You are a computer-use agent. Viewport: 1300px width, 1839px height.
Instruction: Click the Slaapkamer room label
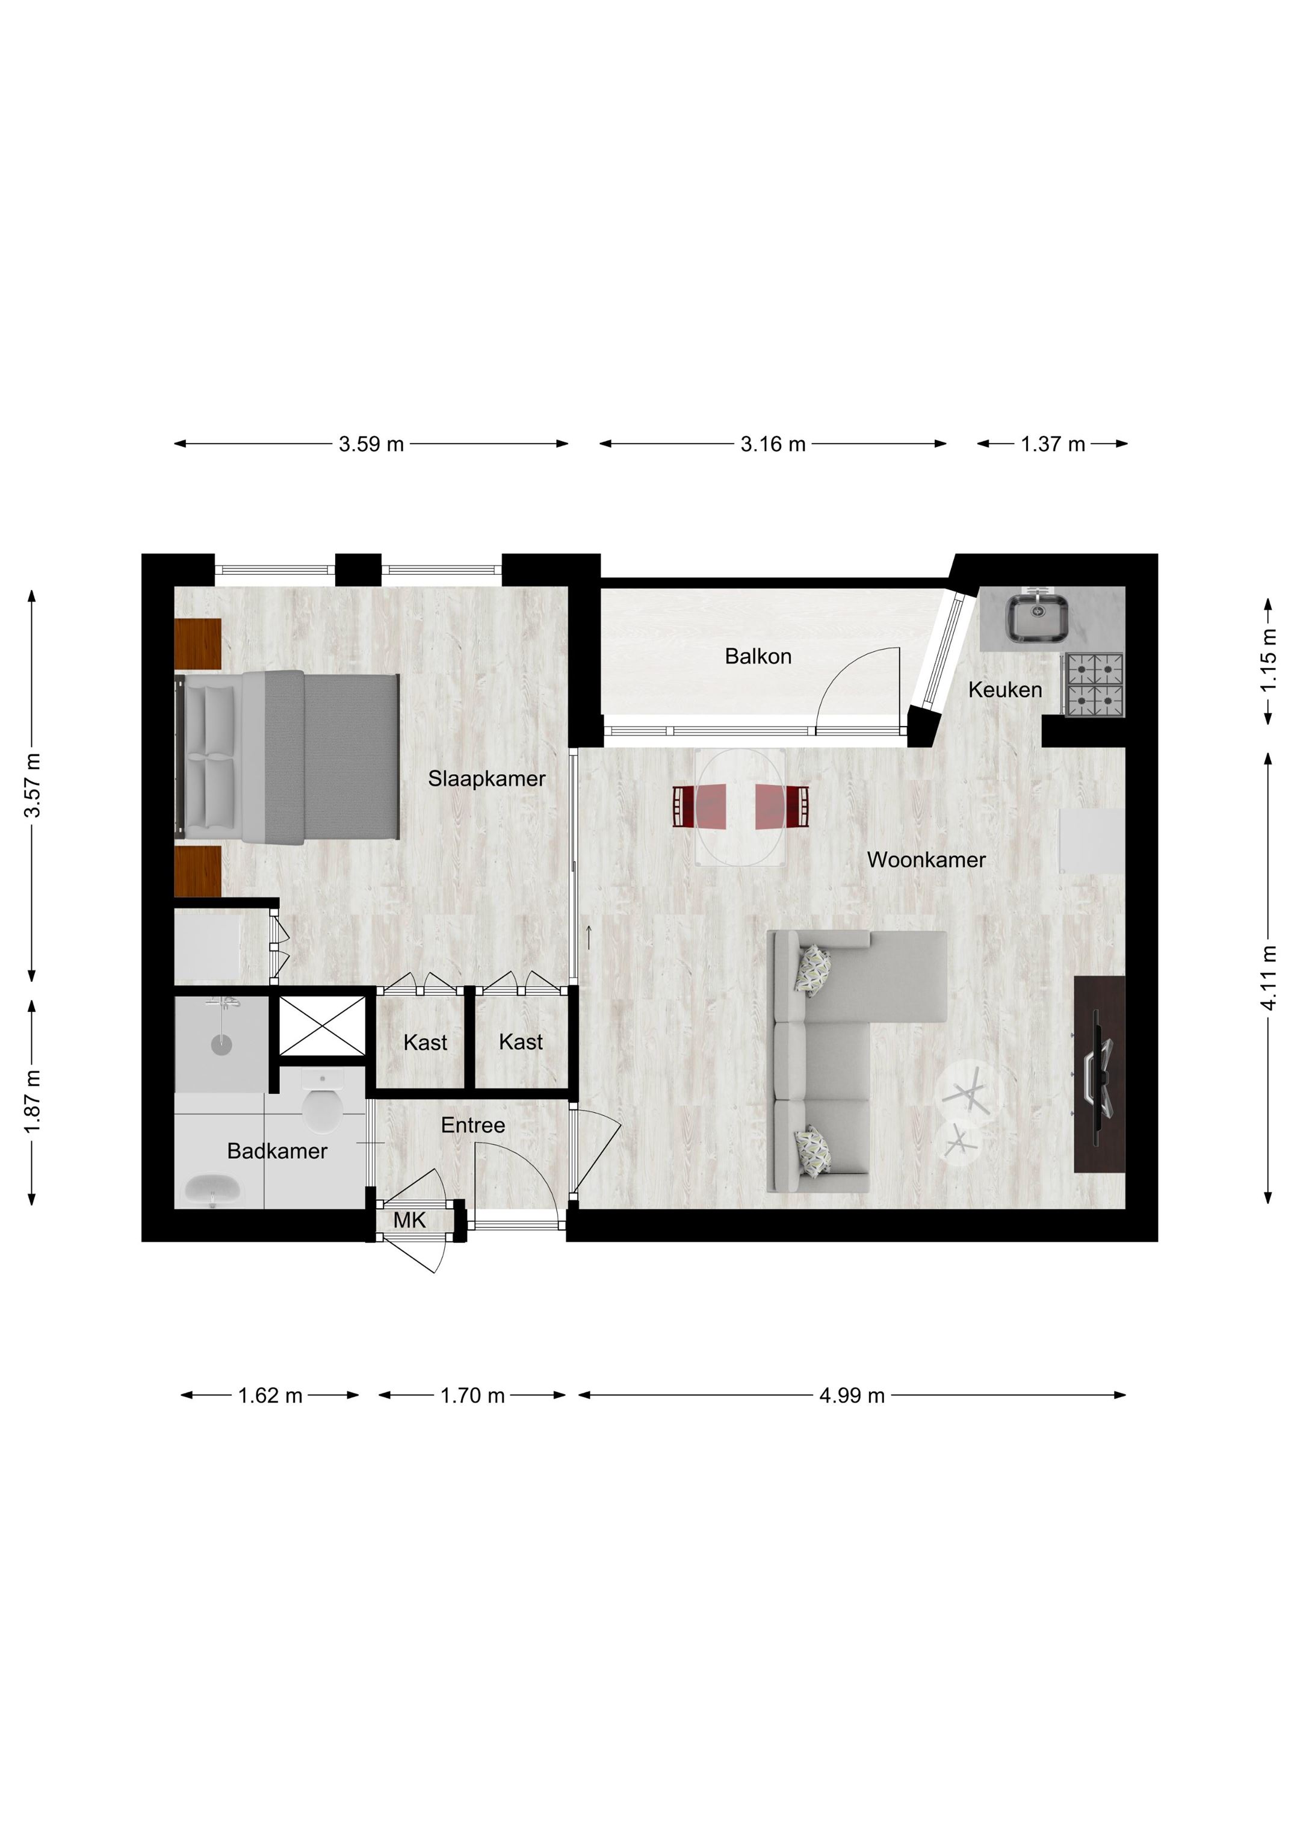(486, 778)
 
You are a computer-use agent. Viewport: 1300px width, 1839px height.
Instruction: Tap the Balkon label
(758, 656)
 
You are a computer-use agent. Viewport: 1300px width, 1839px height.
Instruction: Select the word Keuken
(1004, 690)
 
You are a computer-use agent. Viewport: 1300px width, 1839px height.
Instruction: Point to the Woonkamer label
(926, 860)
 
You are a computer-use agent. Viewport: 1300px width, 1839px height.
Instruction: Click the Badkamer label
(277, 1151)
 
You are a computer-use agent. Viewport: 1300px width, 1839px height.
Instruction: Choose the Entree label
(472, 1125)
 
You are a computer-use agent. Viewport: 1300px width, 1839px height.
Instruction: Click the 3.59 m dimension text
(371, 444)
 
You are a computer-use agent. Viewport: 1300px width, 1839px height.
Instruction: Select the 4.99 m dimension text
(852, 1395)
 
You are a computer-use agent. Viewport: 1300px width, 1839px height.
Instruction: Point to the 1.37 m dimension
(1053, 444)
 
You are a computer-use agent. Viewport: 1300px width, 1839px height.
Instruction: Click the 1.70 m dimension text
(472, 1395)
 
